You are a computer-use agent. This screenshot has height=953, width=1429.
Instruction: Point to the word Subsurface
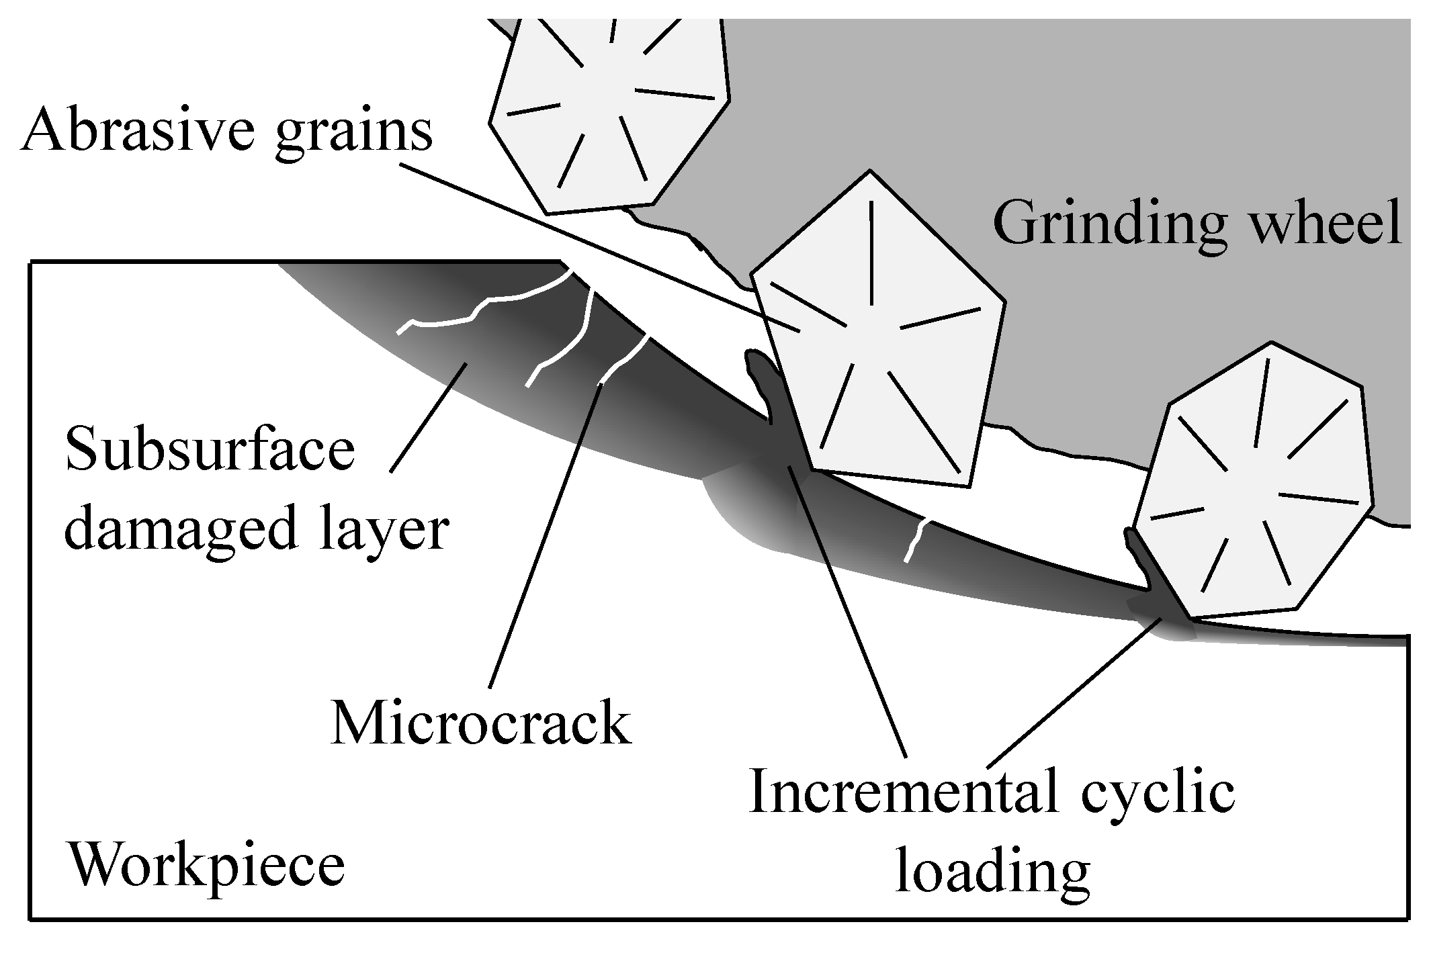coord(210,451)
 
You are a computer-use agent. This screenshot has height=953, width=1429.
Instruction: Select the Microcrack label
coord(481,725)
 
